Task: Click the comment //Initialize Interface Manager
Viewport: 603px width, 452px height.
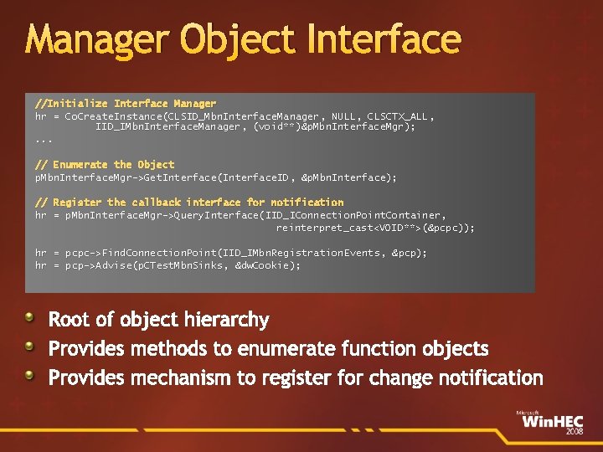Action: point(126,103)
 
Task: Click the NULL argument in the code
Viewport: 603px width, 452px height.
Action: point(344,116)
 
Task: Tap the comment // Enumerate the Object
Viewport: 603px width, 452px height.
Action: point(105,164)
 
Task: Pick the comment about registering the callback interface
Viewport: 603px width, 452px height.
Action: point(189,202)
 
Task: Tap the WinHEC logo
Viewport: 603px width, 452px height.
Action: point(549,421)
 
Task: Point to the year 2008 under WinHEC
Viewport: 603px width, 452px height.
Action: point(574,432)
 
